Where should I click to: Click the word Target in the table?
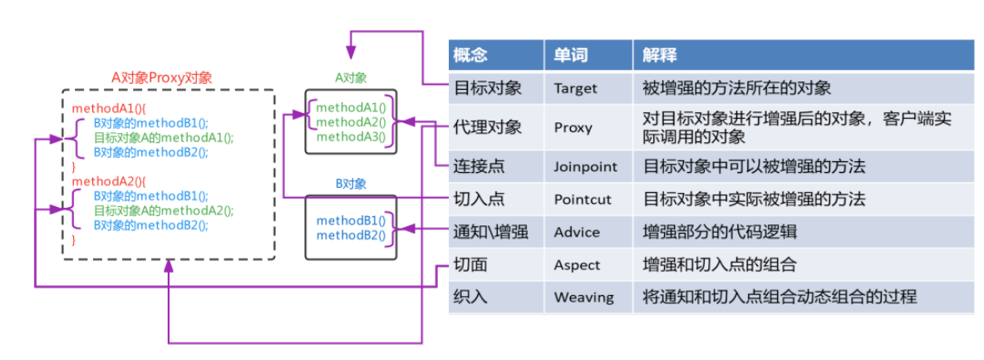coord(575,87)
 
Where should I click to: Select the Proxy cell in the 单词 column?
coord(573,127)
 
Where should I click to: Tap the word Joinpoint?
coord(585,166)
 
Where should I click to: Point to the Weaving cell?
coord(583,297)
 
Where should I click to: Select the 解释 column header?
coord(660,56)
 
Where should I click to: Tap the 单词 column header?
coord(571,56)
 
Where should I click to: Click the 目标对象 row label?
coord(487,87)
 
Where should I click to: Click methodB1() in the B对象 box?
coord(351,220)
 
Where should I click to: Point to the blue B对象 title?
coord(351,184)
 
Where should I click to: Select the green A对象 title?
coord(351,77)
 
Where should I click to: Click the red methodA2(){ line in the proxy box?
coord(109,181)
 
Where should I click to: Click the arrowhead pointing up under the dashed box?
coord(169,266)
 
